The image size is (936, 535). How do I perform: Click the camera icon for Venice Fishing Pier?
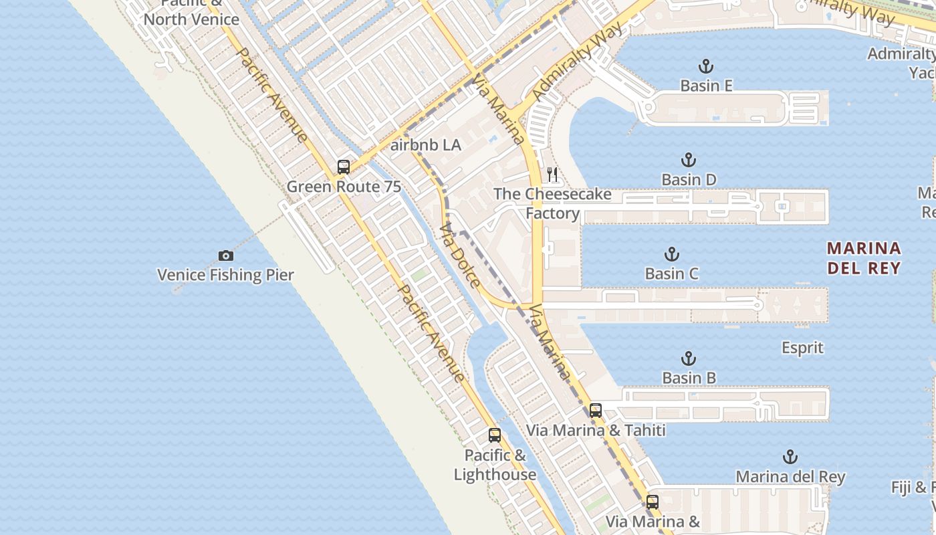(226, 255)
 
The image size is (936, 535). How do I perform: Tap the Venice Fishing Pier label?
(225, 275)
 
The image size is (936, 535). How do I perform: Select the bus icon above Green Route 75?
(344, 167)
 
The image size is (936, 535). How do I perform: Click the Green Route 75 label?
(344, 187)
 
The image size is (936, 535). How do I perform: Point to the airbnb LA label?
(426, 145)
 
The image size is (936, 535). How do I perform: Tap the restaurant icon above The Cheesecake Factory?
(552, 175)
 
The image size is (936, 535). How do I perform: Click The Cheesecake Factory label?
(552, 203)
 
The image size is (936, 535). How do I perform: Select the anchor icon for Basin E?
(706, 66)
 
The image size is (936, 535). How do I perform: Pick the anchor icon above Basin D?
(689, 160)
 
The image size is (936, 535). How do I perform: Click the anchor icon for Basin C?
(672, 254)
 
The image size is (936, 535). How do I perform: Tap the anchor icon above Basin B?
(689, 358)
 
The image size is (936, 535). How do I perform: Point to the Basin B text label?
(689, 378)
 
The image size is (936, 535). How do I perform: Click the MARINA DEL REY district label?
(864, 258)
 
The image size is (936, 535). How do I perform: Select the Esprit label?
(802, 348)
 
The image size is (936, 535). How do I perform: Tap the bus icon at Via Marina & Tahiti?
(596, 411)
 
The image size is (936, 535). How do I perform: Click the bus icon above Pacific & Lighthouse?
(495, 435)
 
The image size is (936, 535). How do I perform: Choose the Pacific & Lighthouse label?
(495, 465)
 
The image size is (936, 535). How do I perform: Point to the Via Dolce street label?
(460, 255)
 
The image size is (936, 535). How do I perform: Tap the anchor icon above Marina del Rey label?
(790, 457)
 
